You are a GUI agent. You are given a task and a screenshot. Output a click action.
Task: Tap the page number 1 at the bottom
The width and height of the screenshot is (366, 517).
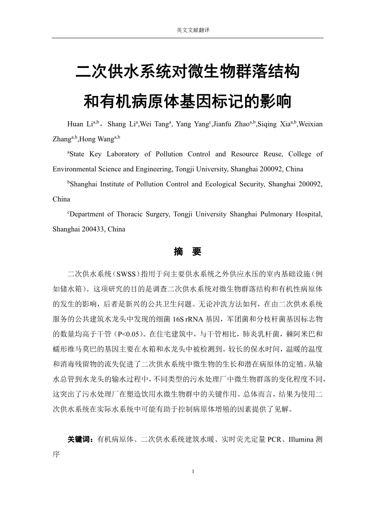coord(193,472)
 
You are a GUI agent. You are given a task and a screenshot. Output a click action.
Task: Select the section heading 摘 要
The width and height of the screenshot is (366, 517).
coord(188,252)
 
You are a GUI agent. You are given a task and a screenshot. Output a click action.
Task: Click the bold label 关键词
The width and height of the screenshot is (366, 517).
coord(80,440)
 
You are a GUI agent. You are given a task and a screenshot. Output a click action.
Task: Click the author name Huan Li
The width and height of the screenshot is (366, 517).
coord(80,124)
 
